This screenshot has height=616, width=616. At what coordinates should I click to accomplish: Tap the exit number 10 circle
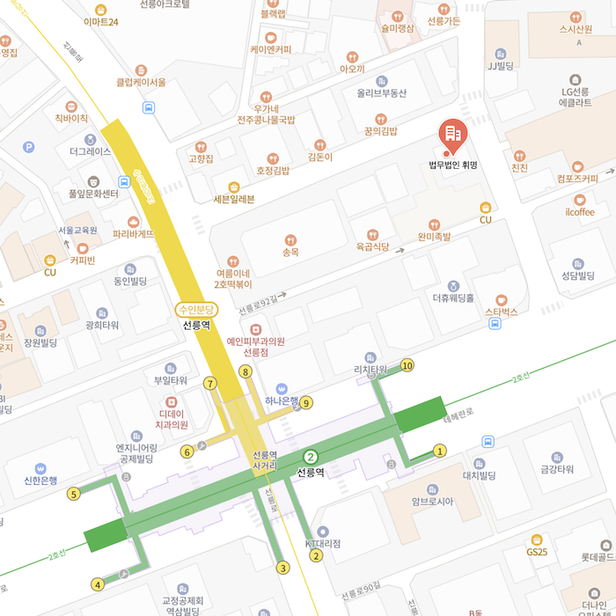[407, 364]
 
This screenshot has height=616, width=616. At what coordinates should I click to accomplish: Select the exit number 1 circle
[440, 451]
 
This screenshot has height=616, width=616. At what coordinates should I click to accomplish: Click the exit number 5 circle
[74, 494]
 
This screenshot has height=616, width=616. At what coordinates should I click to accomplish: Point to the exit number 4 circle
[98, 583]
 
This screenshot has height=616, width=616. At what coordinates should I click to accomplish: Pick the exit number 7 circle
[209, 383]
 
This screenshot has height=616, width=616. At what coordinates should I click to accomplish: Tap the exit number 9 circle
[306, 403]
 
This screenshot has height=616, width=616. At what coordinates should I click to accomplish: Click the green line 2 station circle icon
[310, 456]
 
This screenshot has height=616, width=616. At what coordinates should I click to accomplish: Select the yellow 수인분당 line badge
[195, 309]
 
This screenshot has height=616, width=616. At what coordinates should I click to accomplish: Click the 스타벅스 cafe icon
[502, 299]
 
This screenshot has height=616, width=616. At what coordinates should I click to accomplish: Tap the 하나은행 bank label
[283, 402]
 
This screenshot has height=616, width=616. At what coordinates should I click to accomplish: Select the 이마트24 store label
[100, 21]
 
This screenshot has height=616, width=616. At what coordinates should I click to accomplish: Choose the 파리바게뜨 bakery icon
[133, 222]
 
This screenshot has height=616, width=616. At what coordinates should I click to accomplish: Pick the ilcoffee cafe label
[580, 212]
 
